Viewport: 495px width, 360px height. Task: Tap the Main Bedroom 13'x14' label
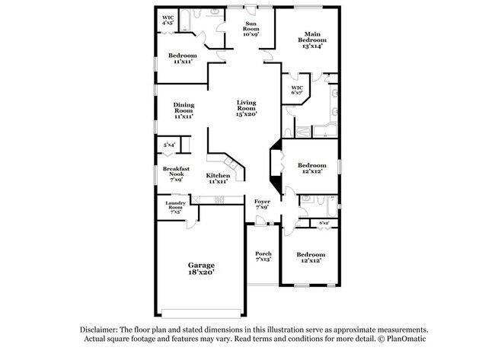click(312, 40)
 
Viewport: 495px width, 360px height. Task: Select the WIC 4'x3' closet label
click(168, 21)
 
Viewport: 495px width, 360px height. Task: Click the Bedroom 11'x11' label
click(182, 59)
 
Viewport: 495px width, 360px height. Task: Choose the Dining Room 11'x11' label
click(183, 111)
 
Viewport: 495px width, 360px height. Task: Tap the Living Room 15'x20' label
click(246, 108)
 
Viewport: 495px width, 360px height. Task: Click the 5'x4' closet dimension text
click(169, 144)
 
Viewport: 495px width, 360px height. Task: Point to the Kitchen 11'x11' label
click(218, 179)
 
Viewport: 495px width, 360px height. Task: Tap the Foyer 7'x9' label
click(262, 204)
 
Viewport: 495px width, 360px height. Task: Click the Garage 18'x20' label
click(201, 269)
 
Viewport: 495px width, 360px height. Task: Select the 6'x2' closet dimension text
click(324, 223)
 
